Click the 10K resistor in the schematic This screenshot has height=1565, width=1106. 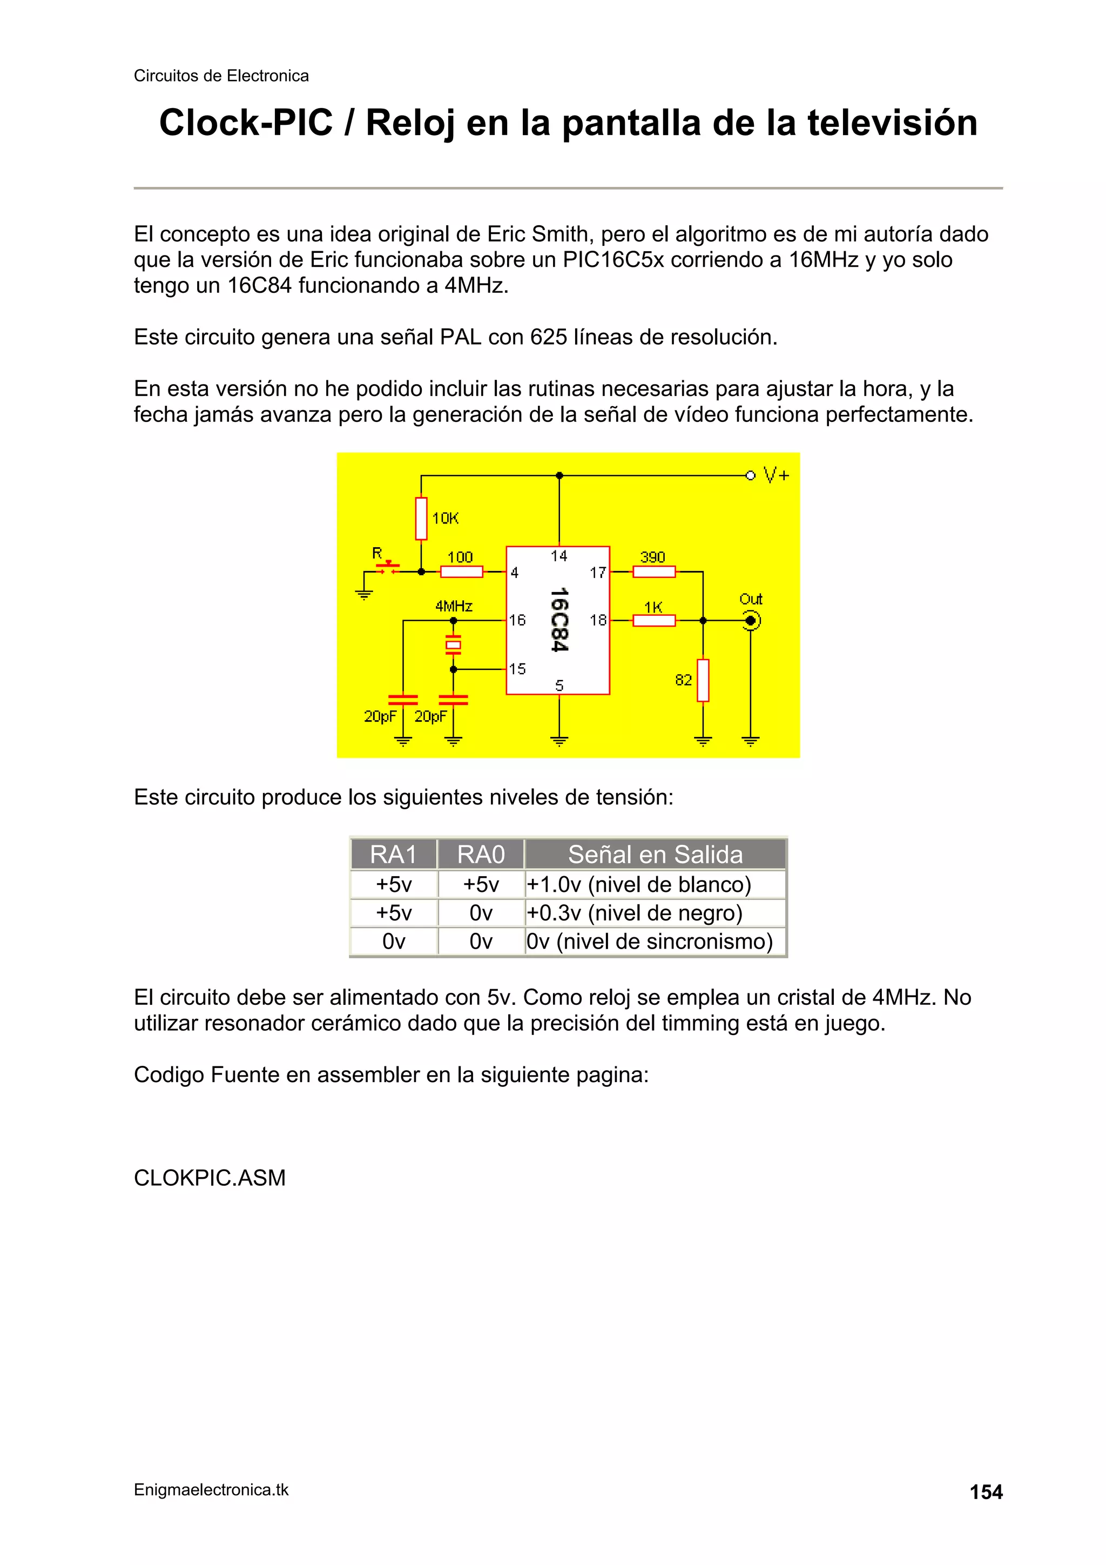[x=421, y=519]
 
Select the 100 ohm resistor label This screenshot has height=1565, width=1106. [x=460, y=558]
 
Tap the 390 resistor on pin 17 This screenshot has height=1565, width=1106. [x=653, y=572]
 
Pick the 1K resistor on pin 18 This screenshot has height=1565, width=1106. [x=653, y=620]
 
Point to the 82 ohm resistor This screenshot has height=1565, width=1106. [x=703, y=680]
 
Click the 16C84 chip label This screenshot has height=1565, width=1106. [x=559, y=620]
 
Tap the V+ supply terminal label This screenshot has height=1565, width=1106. [x=775, y=475]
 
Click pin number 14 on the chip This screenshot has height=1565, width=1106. [x=559, y=556]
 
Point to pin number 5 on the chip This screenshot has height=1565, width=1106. [x=559, y=685]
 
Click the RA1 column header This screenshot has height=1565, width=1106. [x=393, y=854]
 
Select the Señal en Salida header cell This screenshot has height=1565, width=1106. [x=655, y=854]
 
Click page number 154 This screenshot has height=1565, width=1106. [x=986, y=1492]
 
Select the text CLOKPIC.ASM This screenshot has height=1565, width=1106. [x=209, y=1178]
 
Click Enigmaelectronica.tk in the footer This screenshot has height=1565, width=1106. [x=211, y=1490]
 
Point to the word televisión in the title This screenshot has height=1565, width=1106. [x=892, y=123]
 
